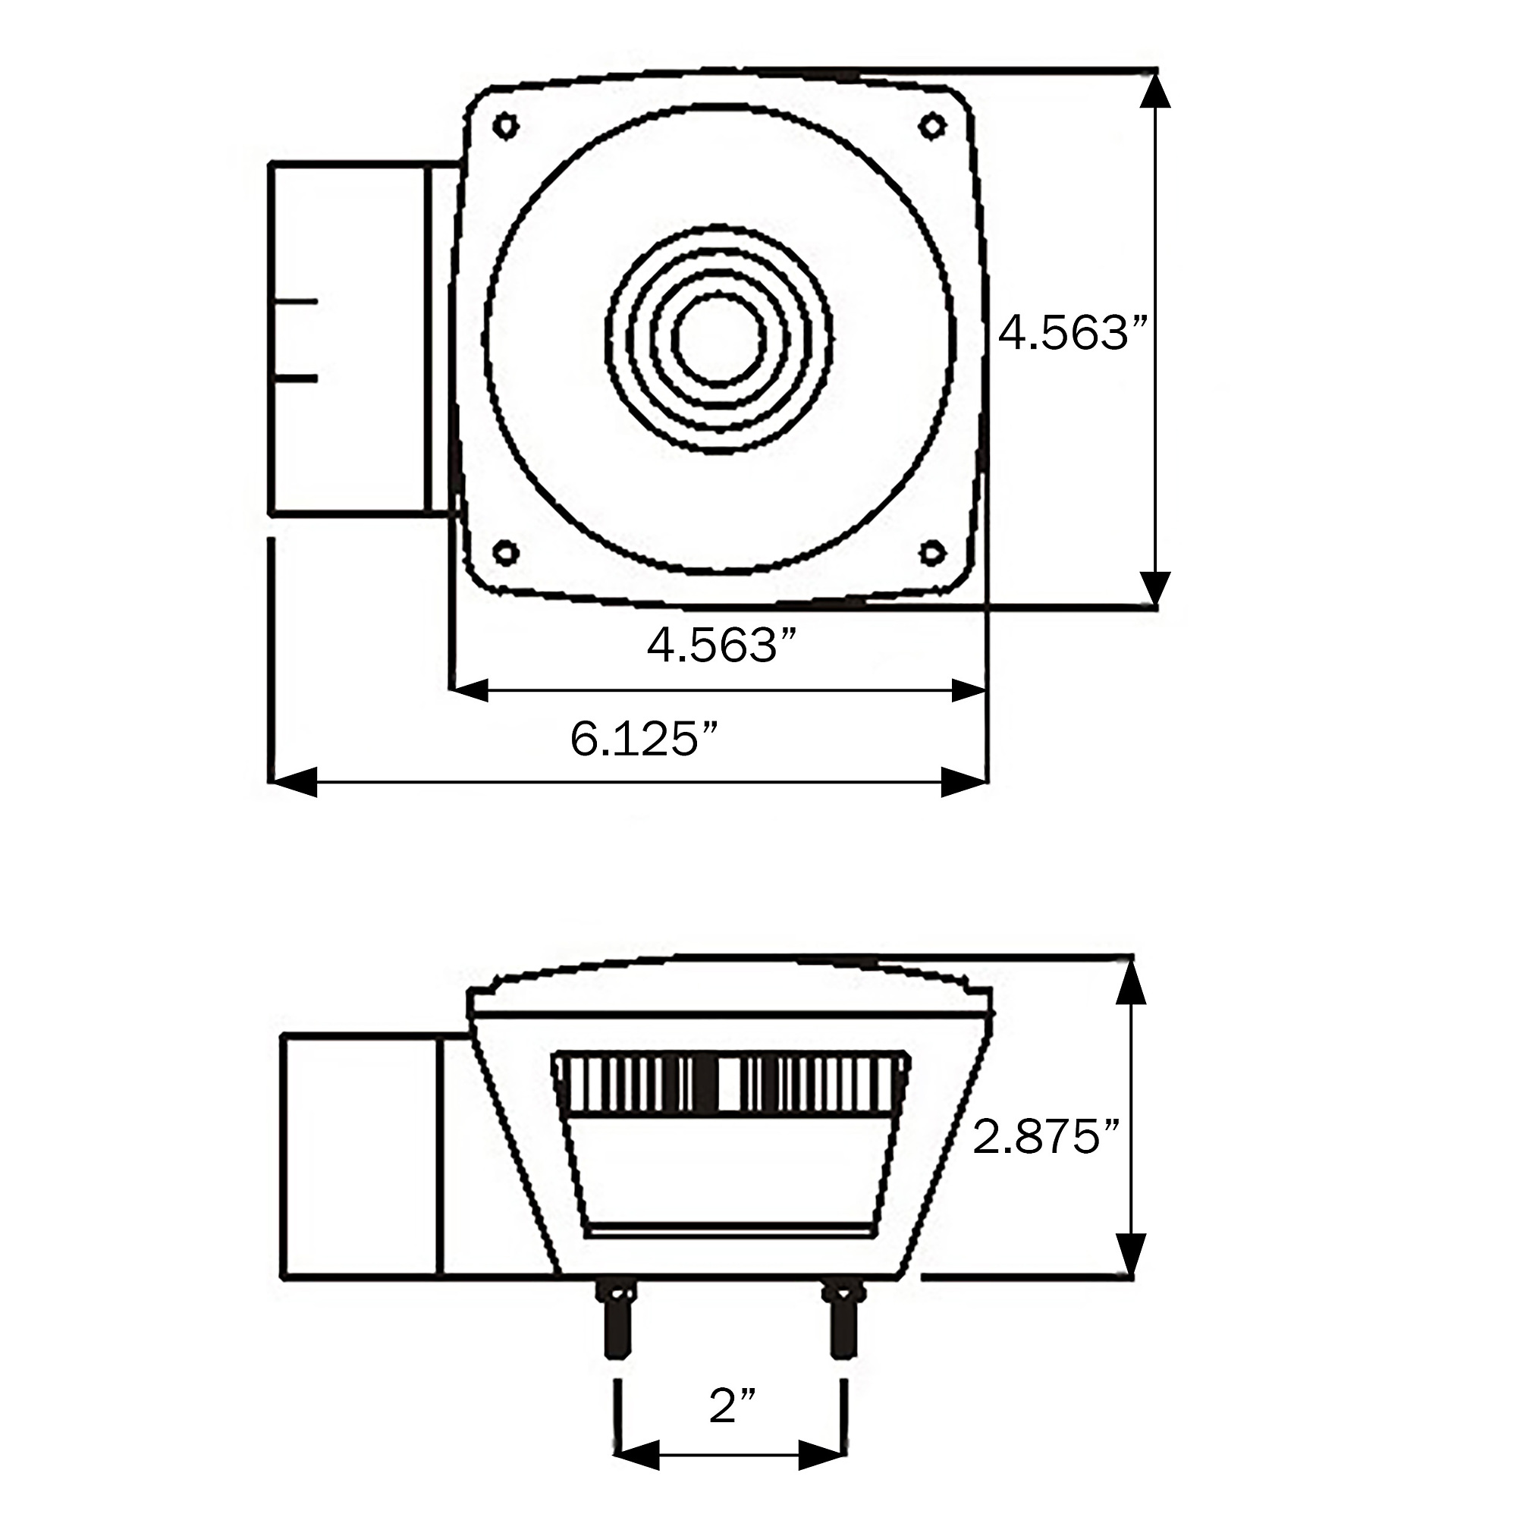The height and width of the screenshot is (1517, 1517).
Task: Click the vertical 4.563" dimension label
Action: pos(1073,333)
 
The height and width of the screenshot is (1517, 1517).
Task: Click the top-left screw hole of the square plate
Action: pos(506,126)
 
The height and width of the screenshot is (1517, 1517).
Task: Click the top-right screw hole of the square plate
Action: pos(932,126)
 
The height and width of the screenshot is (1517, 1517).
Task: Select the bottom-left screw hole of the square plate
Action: pos(506,552)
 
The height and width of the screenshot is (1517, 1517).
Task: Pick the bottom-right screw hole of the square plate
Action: pos(932,552)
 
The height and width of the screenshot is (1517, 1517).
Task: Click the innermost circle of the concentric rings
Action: pos(718,294)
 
